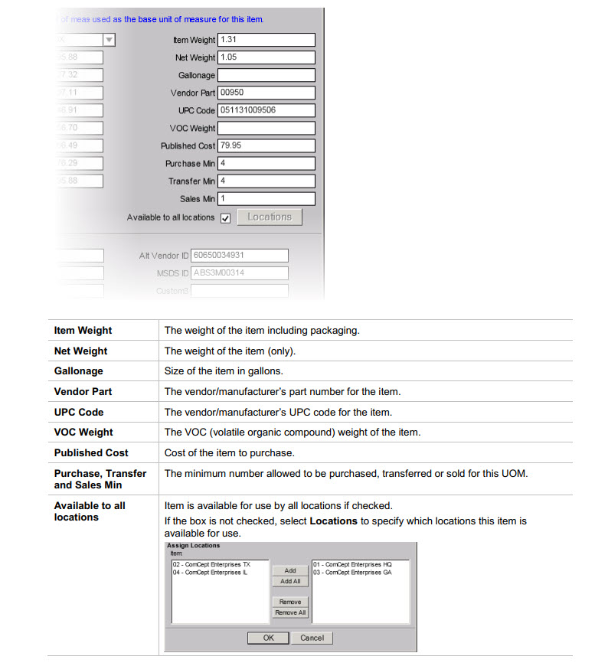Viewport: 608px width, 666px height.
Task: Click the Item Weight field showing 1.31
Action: [266, 40]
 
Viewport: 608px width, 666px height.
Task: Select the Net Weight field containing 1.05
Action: [266, 57]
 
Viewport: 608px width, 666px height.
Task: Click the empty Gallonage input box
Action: [266, 75]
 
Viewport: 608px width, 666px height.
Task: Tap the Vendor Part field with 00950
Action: [266, 93]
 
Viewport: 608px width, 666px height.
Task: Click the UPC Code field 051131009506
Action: [266, 110]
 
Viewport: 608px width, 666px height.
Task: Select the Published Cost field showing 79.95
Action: [266, 145]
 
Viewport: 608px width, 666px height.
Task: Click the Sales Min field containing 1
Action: [266, 199]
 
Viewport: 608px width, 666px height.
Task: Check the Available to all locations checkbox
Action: [225, 218]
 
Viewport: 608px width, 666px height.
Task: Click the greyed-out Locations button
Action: [270, 217]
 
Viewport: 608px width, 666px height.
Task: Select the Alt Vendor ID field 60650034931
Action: [240, 256]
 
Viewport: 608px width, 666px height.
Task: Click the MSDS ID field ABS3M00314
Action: [240, 273]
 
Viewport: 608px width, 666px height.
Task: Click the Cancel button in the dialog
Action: [312, 638]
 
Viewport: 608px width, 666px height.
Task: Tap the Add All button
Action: [290, 582]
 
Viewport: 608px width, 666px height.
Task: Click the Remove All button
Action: [290, 612]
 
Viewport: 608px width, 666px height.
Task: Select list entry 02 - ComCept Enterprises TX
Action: [205, 565]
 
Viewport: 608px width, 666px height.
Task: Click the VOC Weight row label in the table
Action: [83, 433]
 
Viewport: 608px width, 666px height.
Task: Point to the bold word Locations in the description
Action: [333, 521]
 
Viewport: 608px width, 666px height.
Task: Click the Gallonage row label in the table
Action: [78, 371]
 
